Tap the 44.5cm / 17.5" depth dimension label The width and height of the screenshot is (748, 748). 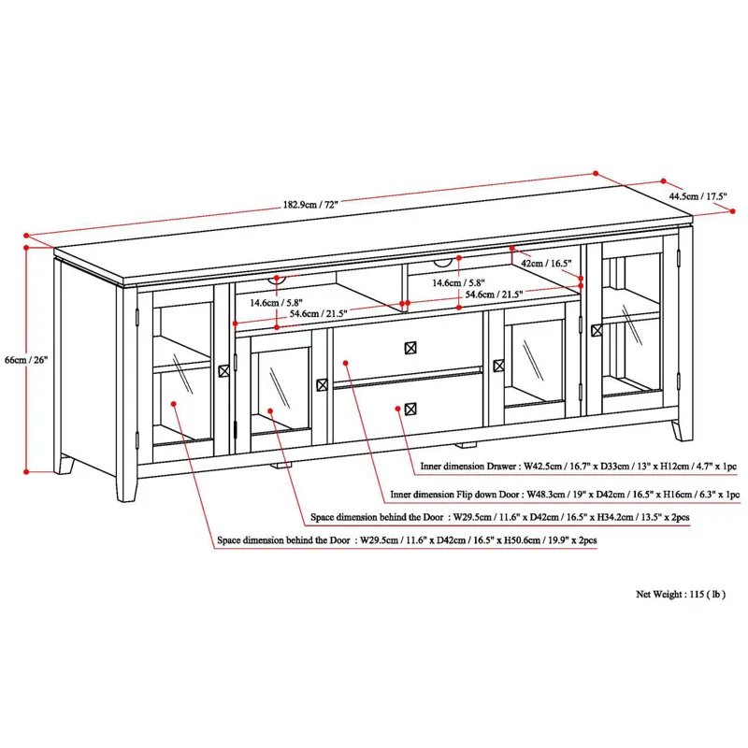(x=698, y=196)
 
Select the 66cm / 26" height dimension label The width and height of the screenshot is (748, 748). (x=25, y=359)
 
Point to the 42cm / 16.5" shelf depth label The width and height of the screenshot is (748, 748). (x=546, y=265)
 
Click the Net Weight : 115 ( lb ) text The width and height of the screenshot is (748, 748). (x=680, y=594)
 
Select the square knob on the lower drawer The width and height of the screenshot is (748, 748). (x=410, y=408)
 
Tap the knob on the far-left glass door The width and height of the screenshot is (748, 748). (x=223, y=371)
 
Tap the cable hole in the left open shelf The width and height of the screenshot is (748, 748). (x=278, y=278)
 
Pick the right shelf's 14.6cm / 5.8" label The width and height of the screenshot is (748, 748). (x=457, y=281)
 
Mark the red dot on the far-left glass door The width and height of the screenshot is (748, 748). (x=174, y=404)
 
